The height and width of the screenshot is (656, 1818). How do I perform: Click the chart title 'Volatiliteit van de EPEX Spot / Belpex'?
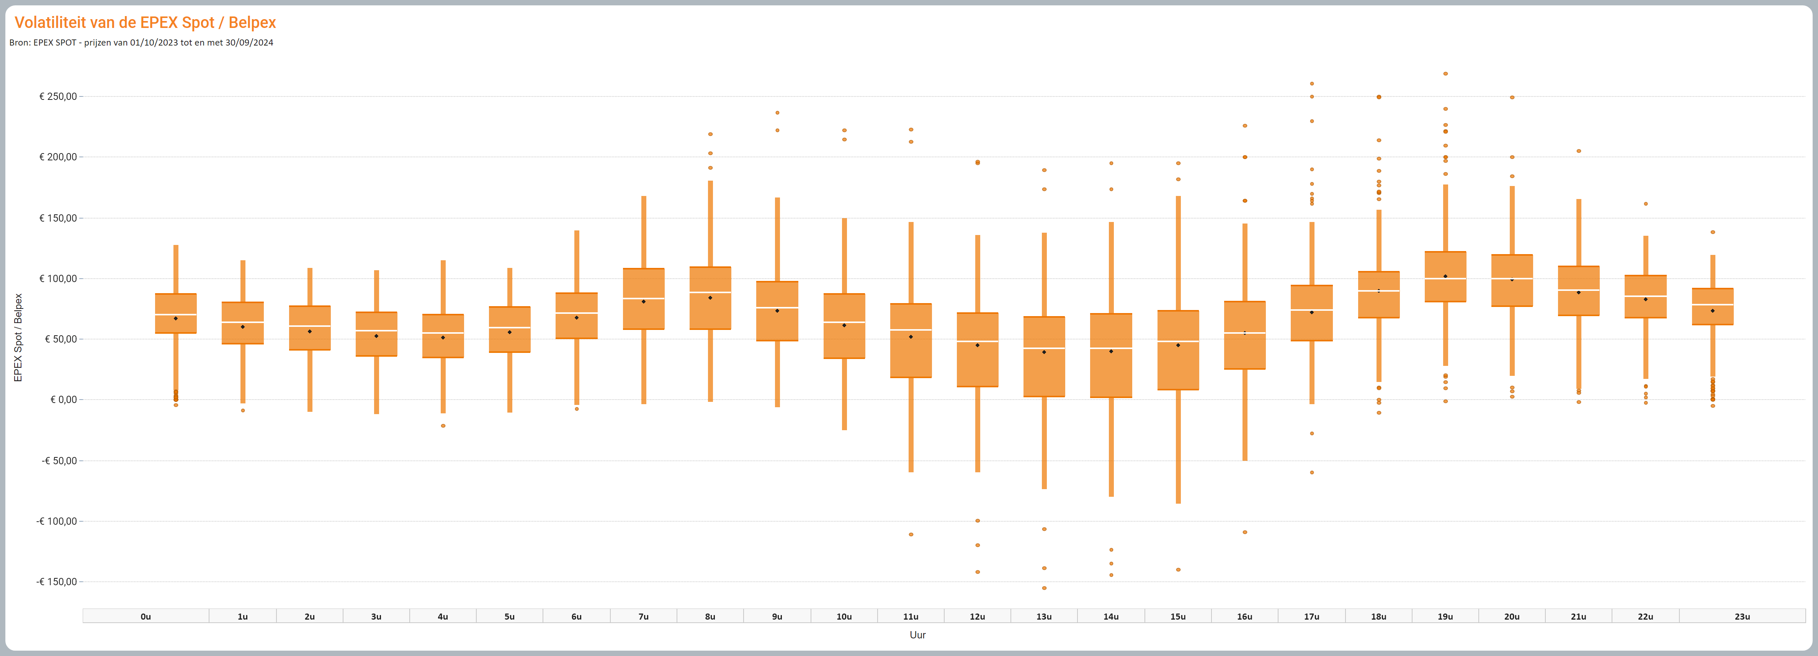click(145, 23)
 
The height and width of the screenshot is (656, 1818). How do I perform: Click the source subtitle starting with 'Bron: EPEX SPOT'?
click(141, 42)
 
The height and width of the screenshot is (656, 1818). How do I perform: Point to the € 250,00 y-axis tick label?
click(58, 96)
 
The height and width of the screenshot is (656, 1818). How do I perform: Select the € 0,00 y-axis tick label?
click(64, 400)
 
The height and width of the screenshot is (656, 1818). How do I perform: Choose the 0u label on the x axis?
click(146, 617)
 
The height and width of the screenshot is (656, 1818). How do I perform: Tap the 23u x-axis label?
click(1742, 617)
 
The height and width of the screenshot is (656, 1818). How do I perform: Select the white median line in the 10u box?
click(844, 322)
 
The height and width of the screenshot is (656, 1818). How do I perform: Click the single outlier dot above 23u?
click(1713, 232)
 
